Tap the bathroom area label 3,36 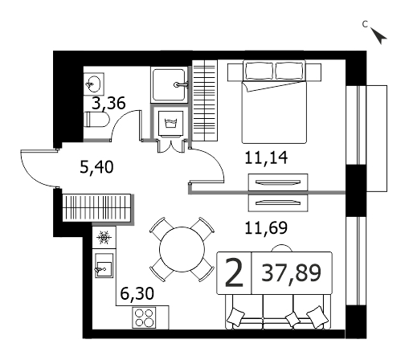pos(108,103)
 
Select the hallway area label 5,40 pos(96,167)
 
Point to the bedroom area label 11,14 pos(266,157)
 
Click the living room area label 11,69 pos(266,227)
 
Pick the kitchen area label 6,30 pos(137,293)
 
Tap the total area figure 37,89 pos(291,272)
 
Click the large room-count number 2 pos(234,273)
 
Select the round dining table pos(182,250)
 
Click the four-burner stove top pos(144,317)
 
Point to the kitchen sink pos(104,266)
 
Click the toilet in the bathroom pos(96,120)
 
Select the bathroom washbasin pos(93,84)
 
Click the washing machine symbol pos(170,124)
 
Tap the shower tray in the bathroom pos(169,85)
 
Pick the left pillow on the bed pos(259,70)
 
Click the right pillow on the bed pos(289,70)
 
